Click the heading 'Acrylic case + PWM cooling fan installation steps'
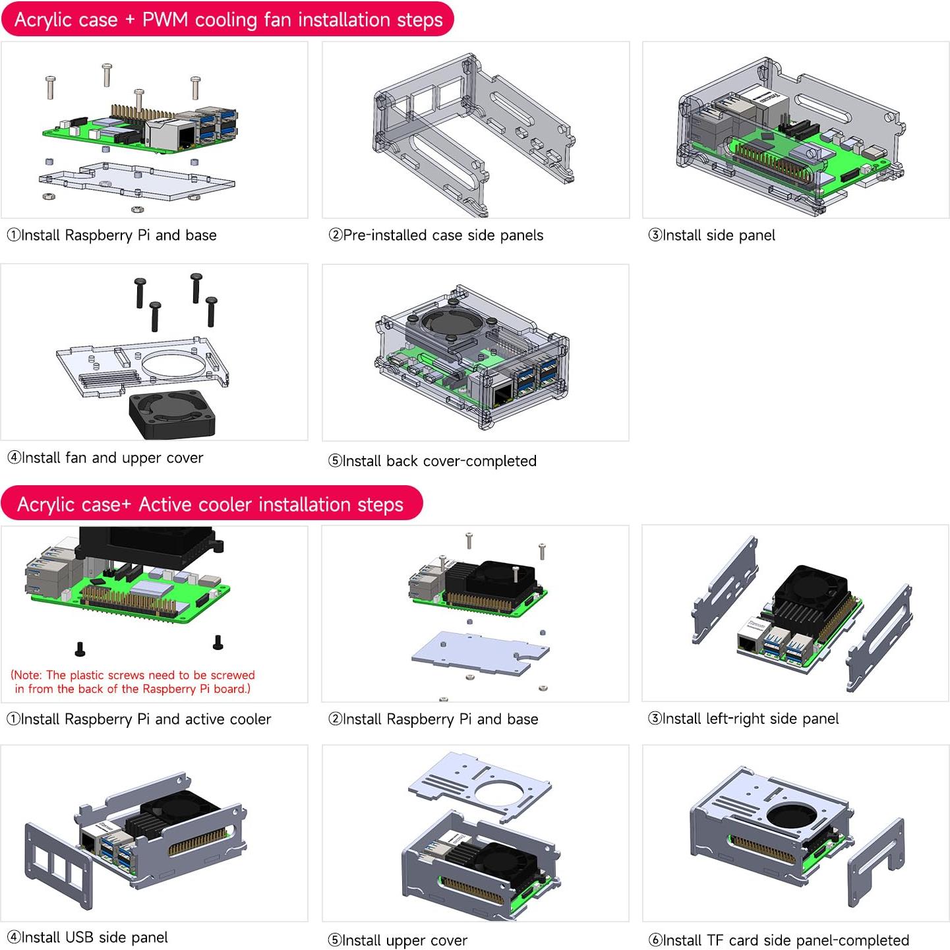[228, 20]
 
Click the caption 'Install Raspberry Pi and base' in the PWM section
[112, 235]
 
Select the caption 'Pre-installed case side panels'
[436, 235]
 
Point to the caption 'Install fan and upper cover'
[105, 458]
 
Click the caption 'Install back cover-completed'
[432, 461]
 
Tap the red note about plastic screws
[133, 682]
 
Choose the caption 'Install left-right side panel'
[744, 719]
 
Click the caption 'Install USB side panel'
[88, 937]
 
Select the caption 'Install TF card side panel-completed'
[779, 940]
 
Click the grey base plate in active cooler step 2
[478, 653]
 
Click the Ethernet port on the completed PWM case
[503, 395]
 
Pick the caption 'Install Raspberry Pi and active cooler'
[139, 719]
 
